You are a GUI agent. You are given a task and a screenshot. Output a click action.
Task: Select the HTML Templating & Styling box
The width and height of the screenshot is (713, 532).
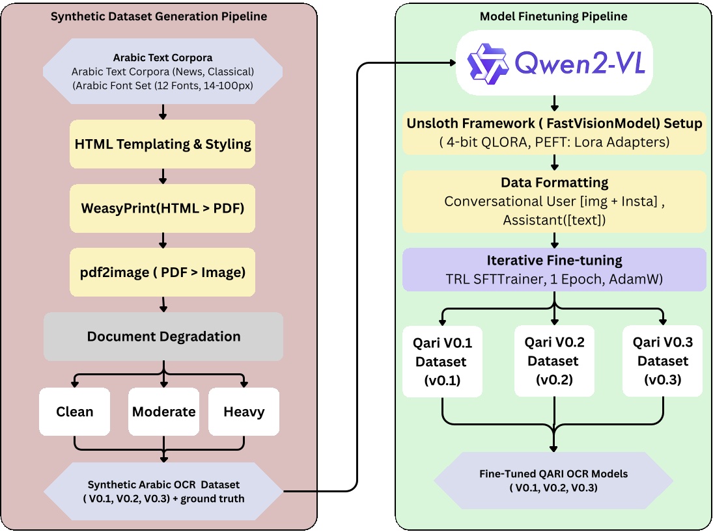click(x=163, y=144)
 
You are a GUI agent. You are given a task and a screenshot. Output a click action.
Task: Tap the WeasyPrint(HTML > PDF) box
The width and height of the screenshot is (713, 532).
click(x=163, y=209)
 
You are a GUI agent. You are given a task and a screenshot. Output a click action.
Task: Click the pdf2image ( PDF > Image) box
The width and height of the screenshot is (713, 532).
click(x=163, y=273)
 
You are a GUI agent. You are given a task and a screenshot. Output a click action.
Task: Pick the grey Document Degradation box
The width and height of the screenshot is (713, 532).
click(x=163, y=336)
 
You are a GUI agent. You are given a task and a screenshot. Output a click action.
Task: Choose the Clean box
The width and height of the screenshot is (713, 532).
click(x=74, y=412)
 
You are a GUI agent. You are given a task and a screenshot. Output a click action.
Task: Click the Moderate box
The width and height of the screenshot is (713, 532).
click(x=163, y=412)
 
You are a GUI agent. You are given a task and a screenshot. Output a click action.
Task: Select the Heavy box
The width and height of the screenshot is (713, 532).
click(x=244, y=412)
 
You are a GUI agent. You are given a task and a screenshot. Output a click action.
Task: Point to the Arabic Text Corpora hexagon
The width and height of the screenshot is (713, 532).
click(x=163, y=71)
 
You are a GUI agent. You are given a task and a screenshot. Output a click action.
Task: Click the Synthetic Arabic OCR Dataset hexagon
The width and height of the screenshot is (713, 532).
click(x=163, y=491)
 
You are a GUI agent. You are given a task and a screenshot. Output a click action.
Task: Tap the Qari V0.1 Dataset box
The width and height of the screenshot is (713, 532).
click(x=442, y=361)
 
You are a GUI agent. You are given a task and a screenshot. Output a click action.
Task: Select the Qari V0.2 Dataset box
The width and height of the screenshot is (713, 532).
click(x=553, y=361)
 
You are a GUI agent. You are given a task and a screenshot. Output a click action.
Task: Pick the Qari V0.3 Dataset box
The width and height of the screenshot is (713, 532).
click(x=662, y=361)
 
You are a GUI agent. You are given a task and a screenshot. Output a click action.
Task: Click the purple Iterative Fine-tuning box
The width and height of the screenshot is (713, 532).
click(x=554, y=269)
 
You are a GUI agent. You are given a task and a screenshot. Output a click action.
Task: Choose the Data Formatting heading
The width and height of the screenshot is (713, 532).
click(x=554, y=182)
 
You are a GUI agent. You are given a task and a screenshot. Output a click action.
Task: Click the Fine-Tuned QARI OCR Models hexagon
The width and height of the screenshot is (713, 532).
click(x=553, y=481)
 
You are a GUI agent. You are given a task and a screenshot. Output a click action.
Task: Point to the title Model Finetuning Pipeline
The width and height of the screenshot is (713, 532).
click(x=553, y=16)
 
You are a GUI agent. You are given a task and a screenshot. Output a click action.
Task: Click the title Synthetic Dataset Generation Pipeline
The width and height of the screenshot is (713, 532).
click(x=160, y=16)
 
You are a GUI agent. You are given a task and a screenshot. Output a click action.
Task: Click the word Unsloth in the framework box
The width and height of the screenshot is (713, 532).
click(x=432, y=124)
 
